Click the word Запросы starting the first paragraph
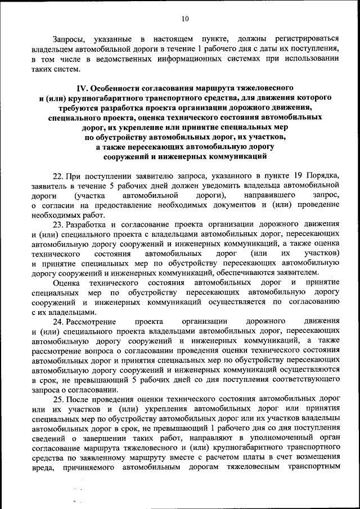pos(69,39)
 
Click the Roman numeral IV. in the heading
pos(82,88)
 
